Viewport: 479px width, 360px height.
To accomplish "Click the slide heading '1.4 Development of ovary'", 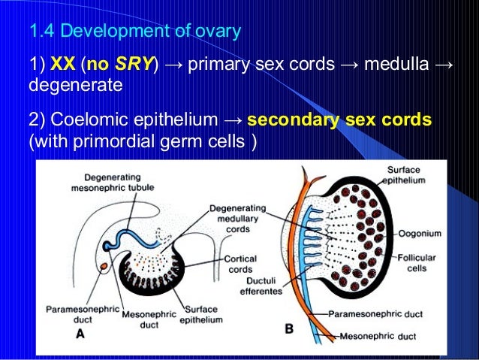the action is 134,32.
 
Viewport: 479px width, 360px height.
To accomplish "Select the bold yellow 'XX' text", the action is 62,65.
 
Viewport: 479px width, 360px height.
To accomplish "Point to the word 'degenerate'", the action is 74,85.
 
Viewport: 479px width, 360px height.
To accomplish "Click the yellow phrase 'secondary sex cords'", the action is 339,120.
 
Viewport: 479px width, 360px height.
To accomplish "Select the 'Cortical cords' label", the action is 240,262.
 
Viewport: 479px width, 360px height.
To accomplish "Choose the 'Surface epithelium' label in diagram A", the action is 202,314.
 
